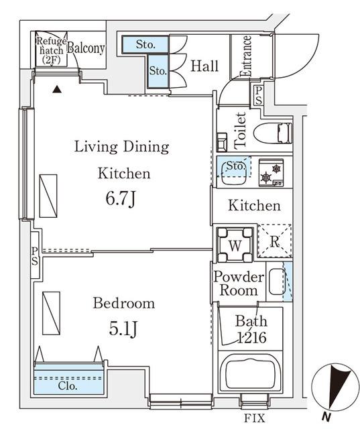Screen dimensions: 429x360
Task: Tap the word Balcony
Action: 86,48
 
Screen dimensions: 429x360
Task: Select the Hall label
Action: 204,66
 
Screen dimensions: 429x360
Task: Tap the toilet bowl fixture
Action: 274,133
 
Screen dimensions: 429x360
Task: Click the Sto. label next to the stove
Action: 234,165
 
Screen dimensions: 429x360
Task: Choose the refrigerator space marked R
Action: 274,243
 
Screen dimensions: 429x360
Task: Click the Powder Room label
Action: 235,283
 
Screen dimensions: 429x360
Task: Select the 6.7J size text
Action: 121,199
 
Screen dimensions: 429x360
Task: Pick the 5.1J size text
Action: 123,328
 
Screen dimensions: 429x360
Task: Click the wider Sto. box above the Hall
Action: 145,44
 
